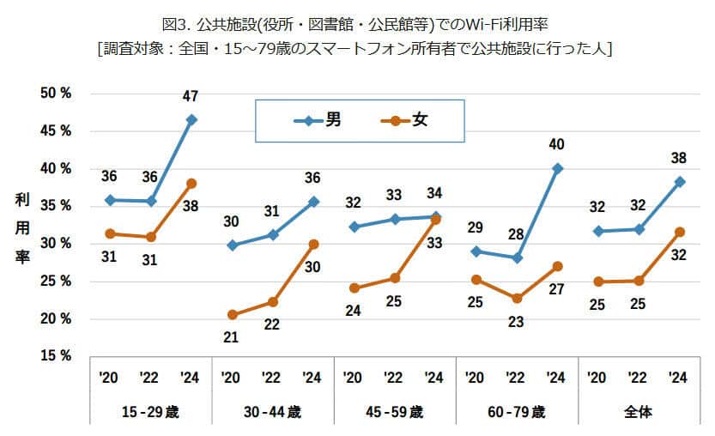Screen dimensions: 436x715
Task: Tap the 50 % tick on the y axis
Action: (x=56, y=93)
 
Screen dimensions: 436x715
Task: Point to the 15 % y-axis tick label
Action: (x=56, y=355)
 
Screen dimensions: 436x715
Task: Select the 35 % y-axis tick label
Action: (x=56, y=206)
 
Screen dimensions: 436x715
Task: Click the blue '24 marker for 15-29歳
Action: (x=191, y=119)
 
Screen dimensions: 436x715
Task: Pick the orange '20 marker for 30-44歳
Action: (x=233, y=315)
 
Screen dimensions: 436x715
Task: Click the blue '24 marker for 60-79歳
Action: (x=557, y=169)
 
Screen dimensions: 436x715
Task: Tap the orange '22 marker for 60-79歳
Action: (x=517, y=299)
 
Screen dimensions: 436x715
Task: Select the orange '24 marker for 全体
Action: (x=679, y=232)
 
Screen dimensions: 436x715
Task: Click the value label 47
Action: (x=191, y=97)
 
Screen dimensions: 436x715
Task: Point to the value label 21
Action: (x=232, y=337)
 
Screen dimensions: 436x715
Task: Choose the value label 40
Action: (x=557, y=143)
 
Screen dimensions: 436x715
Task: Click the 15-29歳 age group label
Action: (x=151, y=413)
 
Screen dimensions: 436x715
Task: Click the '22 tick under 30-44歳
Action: (x=271, y=378)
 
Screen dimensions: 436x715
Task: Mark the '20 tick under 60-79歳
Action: (x=475, y=378)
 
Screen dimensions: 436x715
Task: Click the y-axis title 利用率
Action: (x=21, y=228)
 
